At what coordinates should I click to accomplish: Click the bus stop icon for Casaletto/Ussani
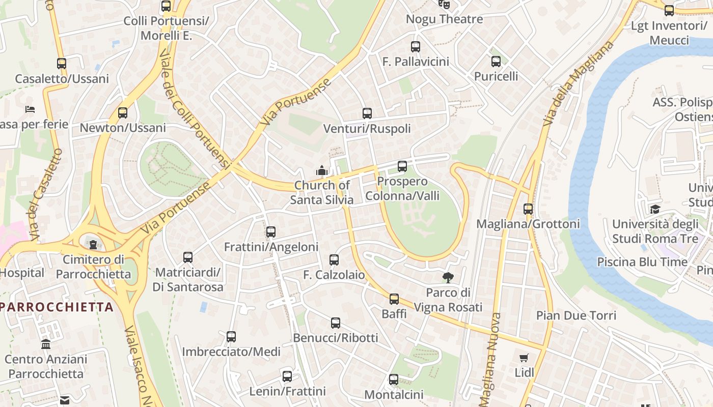(62, 64)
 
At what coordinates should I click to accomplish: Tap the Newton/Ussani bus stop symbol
(123, 113)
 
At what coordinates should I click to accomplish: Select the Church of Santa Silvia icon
(321, 170)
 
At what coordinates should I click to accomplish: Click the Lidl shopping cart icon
(524, 358)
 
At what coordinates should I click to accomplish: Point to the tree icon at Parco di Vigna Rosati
(448, 277)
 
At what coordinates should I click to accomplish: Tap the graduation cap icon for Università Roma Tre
(655, 209)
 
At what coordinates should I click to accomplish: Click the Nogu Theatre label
(444, 19)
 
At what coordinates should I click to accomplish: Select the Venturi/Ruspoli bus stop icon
(367, 113)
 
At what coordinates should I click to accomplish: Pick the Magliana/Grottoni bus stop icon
(528, 209)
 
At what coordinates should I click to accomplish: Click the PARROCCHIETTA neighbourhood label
(57, 307)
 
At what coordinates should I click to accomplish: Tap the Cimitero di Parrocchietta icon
(93, 244)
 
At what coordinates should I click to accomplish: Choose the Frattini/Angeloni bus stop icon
(271, 232)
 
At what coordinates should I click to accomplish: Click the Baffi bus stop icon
(394, 299)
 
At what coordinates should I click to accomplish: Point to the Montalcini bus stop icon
(394, 380)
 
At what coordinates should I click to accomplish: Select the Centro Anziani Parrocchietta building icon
(46, 344)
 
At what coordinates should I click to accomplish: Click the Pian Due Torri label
(576, 315)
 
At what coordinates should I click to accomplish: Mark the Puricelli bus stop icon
(496, 62)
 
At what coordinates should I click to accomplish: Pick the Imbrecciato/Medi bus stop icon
(231, 337)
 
